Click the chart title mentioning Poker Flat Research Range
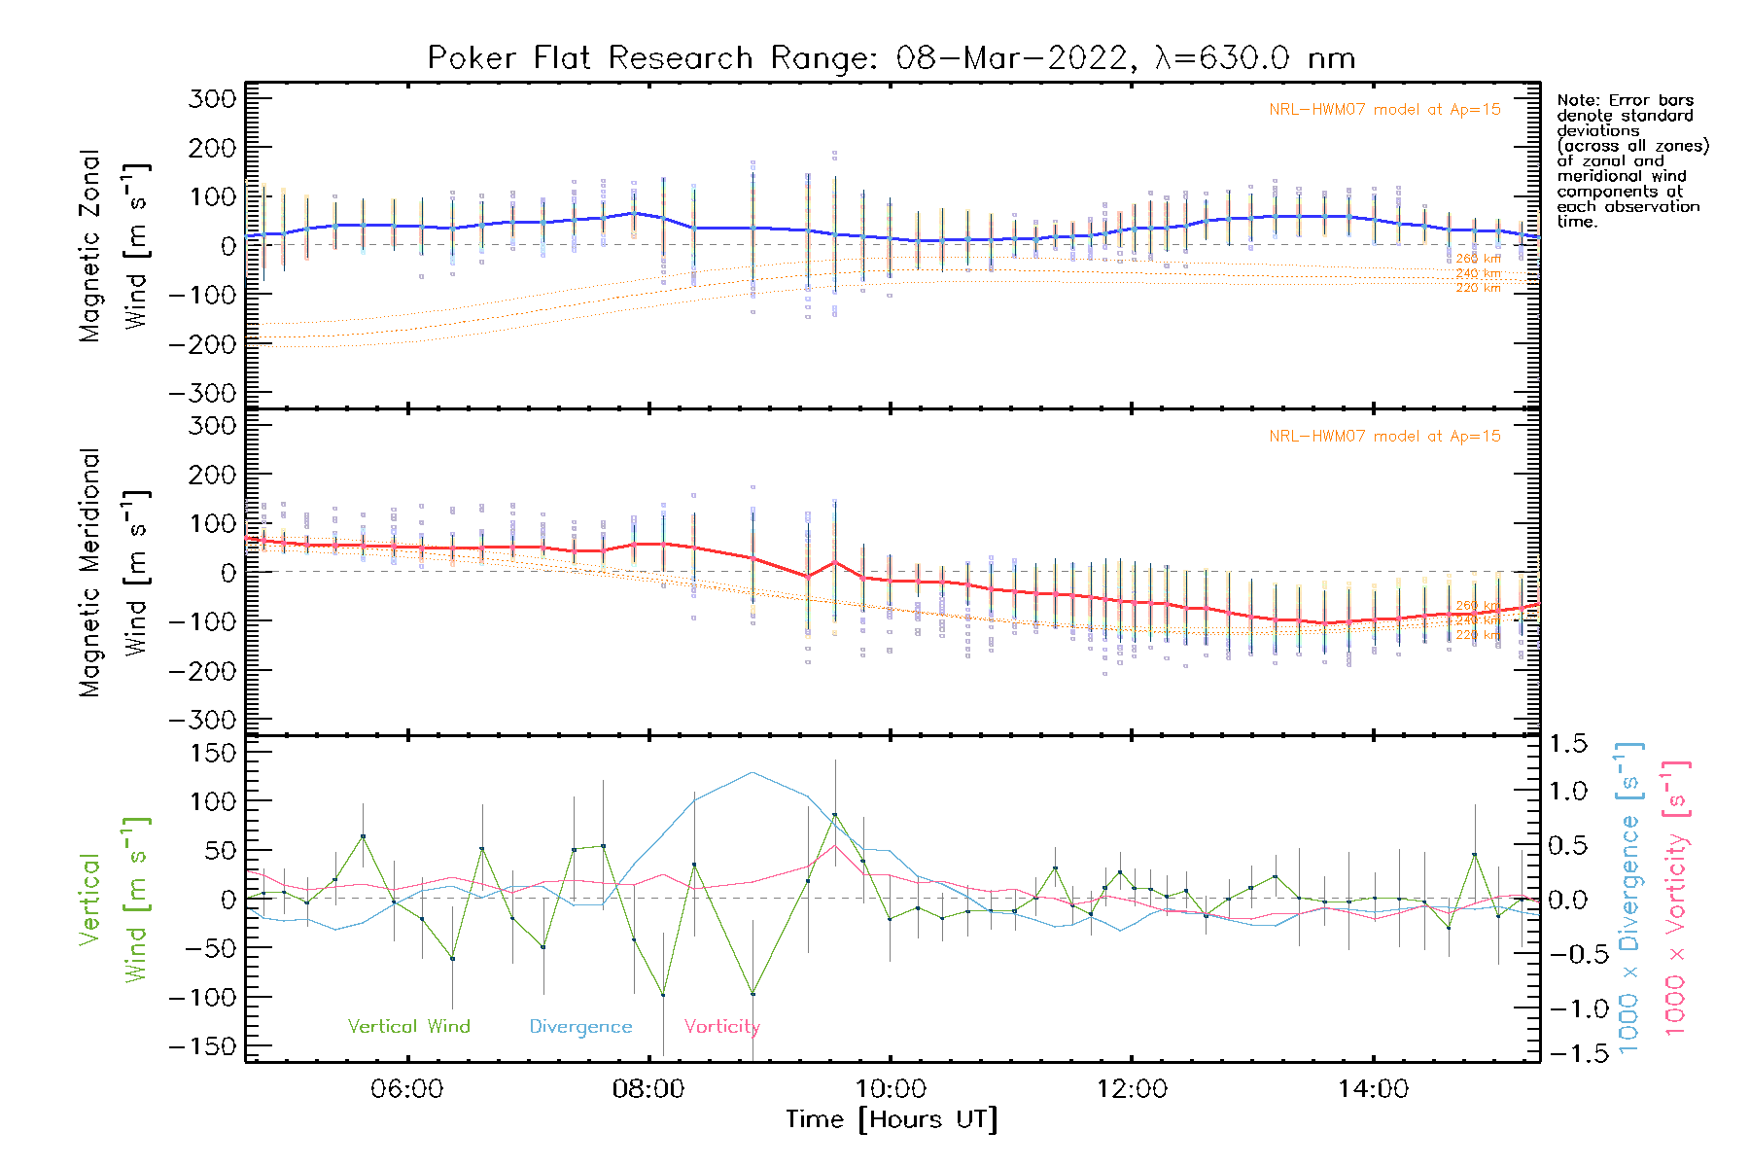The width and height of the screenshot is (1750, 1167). [891, 58]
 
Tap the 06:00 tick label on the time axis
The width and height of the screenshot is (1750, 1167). [406, 1089]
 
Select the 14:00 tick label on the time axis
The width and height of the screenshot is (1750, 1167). [1373, 1089]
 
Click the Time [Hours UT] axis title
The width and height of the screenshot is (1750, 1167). [891, 1120]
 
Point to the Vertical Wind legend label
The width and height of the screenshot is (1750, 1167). [408, 1027]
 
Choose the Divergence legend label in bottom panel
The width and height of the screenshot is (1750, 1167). [580, 1027]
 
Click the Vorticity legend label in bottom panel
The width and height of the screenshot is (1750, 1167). [721, 1027]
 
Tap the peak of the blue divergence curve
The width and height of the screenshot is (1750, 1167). [752, 773]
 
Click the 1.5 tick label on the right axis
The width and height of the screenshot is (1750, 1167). [1567, 744]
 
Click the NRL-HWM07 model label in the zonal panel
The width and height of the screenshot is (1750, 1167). [1384, 110]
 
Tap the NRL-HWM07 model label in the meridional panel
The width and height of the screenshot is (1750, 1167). [1384, 437]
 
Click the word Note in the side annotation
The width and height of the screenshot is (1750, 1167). [1575, 101]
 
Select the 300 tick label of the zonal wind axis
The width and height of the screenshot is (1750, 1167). [212, 99]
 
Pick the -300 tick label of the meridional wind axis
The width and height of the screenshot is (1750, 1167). [202, 721]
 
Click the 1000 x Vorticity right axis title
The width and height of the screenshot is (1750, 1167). [1675, 899]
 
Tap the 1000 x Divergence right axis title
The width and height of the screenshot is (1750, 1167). [1628, 899]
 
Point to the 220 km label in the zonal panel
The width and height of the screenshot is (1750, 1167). [1478, 289]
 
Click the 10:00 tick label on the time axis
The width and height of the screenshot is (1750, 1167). [890, 1089]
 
